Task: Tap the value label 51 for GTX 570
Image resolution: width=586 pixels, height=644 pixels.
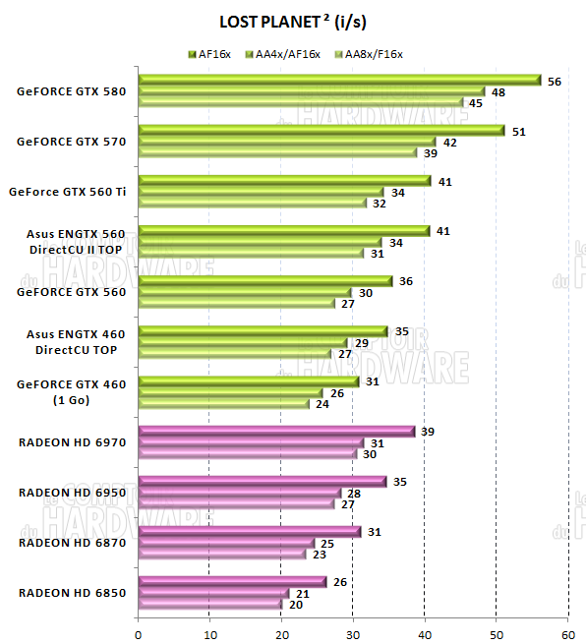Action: (x=519, y=130)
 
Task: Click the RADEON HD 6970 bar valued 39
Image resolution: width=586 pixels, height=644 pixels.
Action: (x=276, y=432)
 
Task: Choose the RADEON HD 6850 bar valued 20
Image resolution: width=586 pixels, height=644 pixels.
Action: (x=209, y=604)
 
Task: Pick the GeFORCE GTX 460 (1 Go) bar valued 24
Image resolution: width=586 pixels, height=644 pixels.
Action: (x=224, y=404)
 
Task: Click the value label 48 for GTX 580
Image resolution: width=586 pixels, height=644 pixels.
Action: (x=498, y=91)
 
